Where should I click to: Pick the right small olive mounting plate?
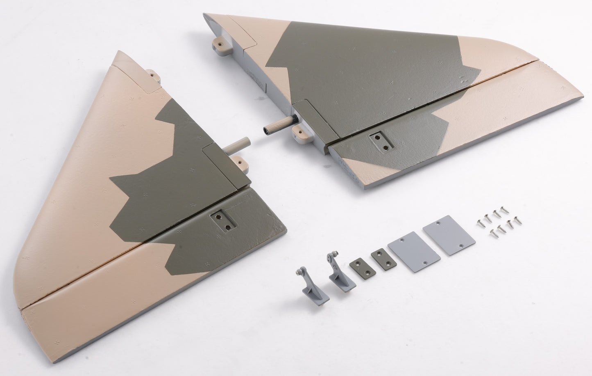[x=380, y=259]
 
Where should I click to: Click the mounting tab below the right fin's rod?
[x=299, y=131]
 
